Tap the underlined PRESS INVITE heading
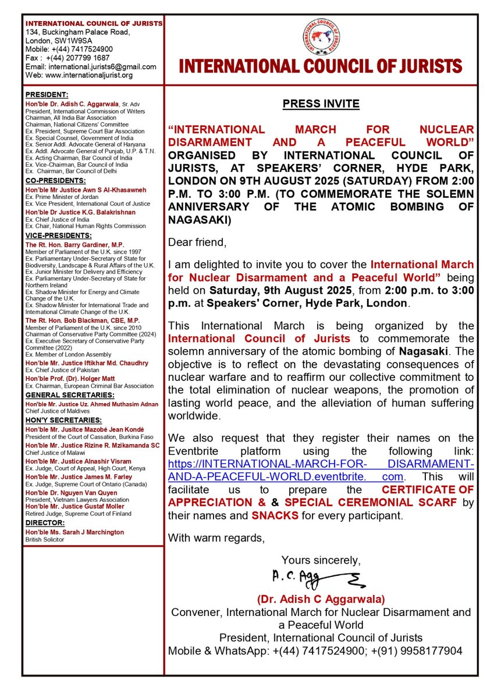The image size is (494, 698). tap(321, 104)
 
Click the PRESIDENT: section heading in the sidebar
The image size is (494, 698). tap(47, 94)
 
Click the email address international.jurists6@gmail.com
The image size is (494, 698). tap(90, 67)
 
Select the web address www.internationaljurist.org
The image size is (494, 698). tap(79, 75)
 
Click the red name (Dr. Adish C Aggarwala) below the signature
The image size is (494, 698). tap(321, 599)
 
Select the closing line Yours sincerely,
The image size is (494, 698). tap(321, 560)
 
